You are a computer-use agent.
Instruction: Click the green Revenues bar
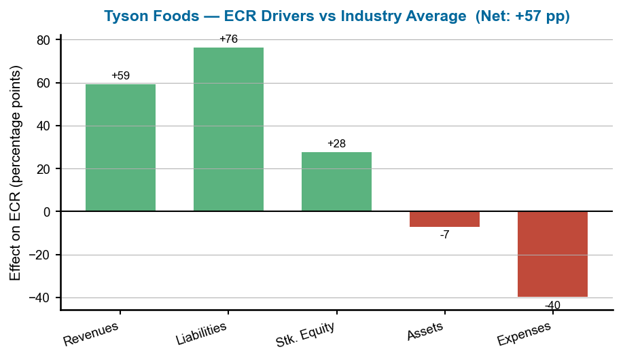(120, 147)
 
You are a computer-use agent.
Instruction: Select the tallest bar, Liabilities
(228, 129)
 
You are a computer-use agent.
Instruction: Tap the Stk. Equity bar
(336, 181)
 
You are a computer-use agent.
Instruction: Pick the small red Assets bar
(444, 219)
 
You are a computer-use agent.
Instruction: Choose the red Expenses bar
(552, 254)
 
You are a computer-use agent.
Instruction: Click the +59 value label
(120, 75)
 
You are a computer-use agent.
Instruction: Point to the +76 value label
(228, 39)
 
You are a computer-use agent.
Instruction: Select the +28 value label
(336, 143)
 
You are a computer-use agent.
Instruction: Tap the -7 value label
(444, 235)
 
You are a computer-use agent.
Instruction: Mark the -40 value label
(552, 306)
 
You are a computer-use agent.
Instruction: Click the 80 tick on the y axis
(43, 40)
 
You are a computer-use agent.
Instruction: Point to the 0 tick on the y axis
(47, 212)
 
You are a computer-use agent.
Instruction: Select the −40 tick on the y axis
(39, 298)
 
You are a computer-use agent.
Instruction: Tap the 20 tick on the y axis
(43, 169)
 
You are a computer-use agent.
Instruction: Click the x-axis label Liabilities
(201, 333)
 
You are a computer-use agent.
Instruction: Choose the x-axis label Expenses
(524, 333)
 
